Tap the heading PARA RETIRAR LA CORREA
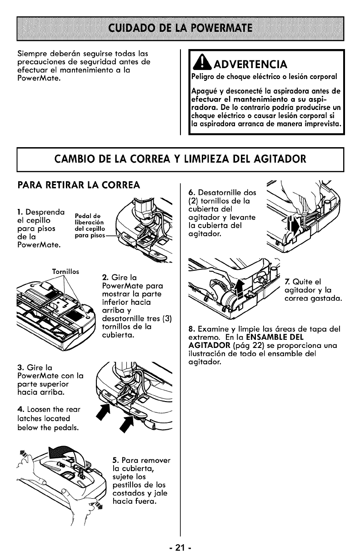pos(78,185)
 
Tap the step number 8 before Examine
pos(190,330)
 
